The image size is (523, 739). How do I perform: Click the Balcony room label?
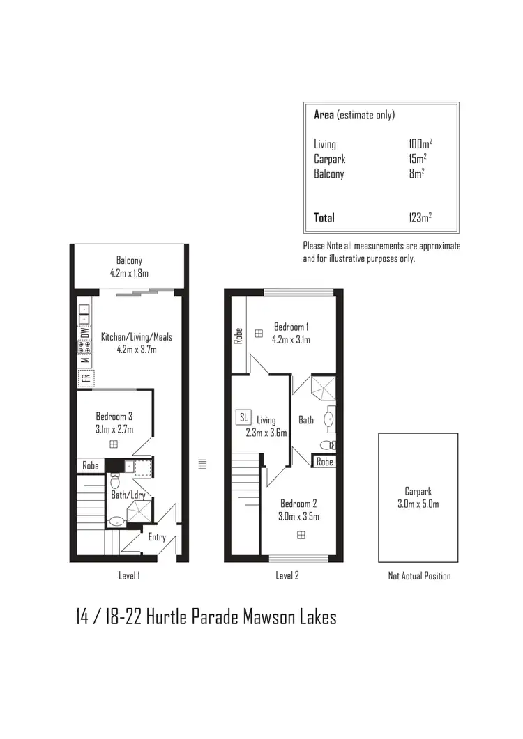pyautogui.click(x=129, y=261)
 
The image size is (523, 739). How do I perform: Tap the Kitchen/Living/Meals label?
pyautogui.click(x=137, y=337)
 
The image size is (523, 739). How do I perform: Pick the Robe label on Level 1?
pyautogui.click(x=91, y=465)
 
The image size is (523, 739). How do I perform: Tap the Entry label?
pyautogui.click(x=157, y=537)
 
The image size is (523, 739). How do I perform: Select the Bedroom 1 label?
pyautogui.click(x=291, y=327)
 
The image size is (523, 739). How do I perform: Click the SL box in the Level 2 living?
pyautogui.click(x=243, y=417)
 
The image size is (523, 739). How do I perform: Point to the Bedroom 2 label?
pyautogui.click(x=299, y=504)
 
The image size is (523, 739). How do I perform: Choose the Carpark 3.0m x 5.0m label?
pyautogui.click(x=418, y=497)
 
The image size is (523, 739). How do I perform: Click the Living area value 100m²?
pyautogui.click(x=420, y=144)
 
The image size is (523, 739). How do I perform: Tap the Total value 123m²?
pyautogui.click(x=420, y=218)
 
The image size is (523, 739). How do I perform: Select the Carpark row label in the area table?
pyautogui.click(x=329, y=160)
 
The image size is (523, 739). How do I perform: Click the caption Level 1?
pyautogui.click(x=130, y=576)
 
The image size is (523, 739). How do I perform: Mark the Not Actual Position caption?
pyautogui.click(x=419, y=576)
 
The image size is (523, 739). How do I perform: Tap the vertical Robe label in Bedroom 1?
pyautogui.click(x=238, y=336)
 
